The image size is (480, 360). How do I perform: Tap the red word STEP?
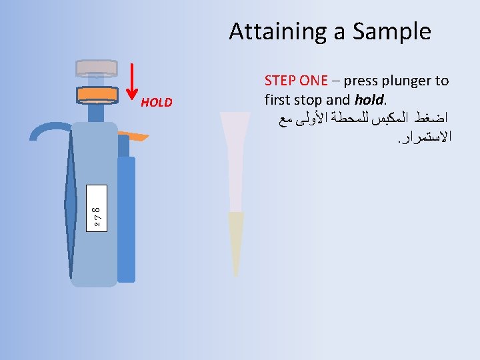[x=280, y=81]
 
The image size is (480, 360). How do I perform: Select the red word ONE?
[x=313, y=81]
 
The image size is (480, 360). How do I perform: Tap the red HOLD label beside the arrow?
[x=157, y=103]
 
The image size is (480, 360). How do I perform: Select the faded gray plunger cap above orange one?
[x=97, y=67]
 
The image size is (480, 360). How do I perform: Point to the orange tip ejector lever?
[x=137, y=137]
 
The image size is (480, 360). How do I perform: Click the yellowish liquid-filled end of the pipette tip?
[x=235, y=240]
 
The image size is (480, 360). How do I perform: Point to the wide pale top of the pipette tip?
[x=235, y=127]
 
